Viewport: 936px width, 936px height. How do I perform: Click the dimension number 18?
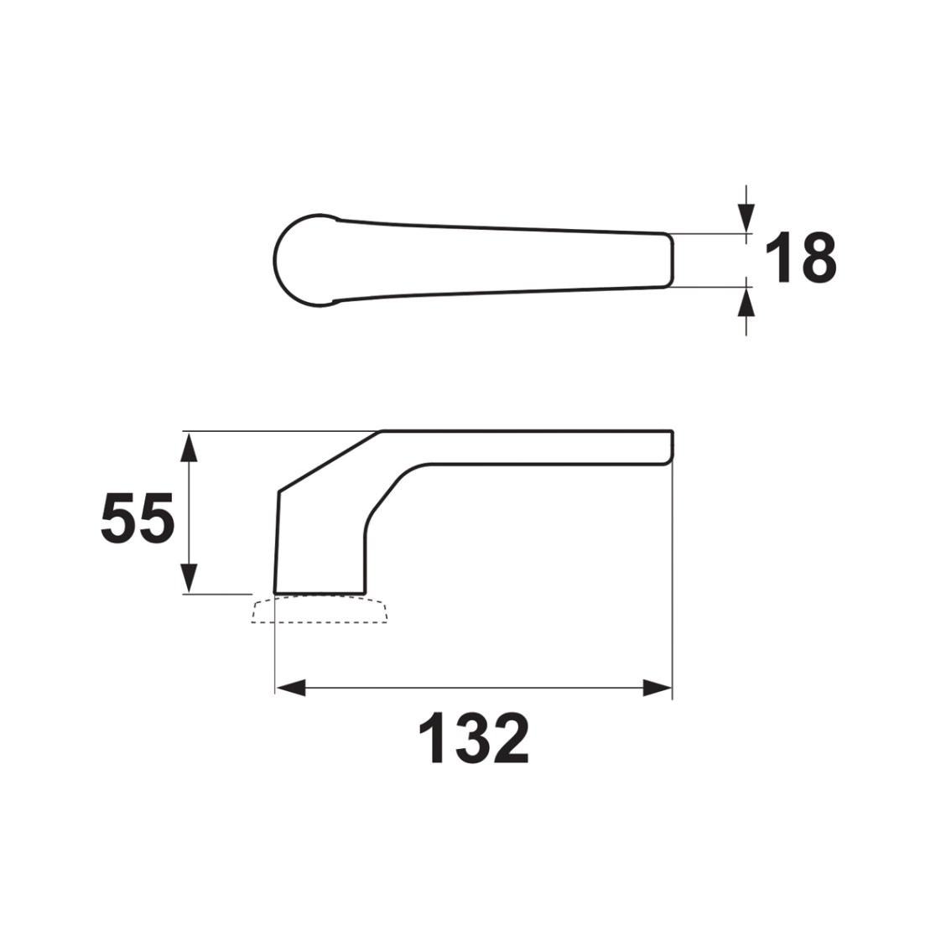point(801,257)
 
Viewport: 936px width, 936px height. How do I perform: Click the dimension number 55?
point(138,517)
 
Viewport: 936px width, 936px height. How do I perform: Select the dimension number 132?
point(474,738)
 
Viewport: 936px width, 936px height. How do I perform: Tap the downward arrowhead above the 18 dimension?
point(746,217)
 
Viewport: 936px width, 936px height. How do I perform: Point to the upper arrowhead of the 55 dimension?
point(189,447)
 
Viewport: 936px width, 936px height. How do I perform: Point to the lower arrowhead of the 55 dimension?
point(189,578)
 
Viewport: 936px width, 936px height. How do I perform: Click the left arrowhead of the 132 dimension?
point(291,688)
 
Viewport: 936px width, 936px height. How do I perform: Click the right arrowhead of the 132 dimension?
point(658,688)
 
